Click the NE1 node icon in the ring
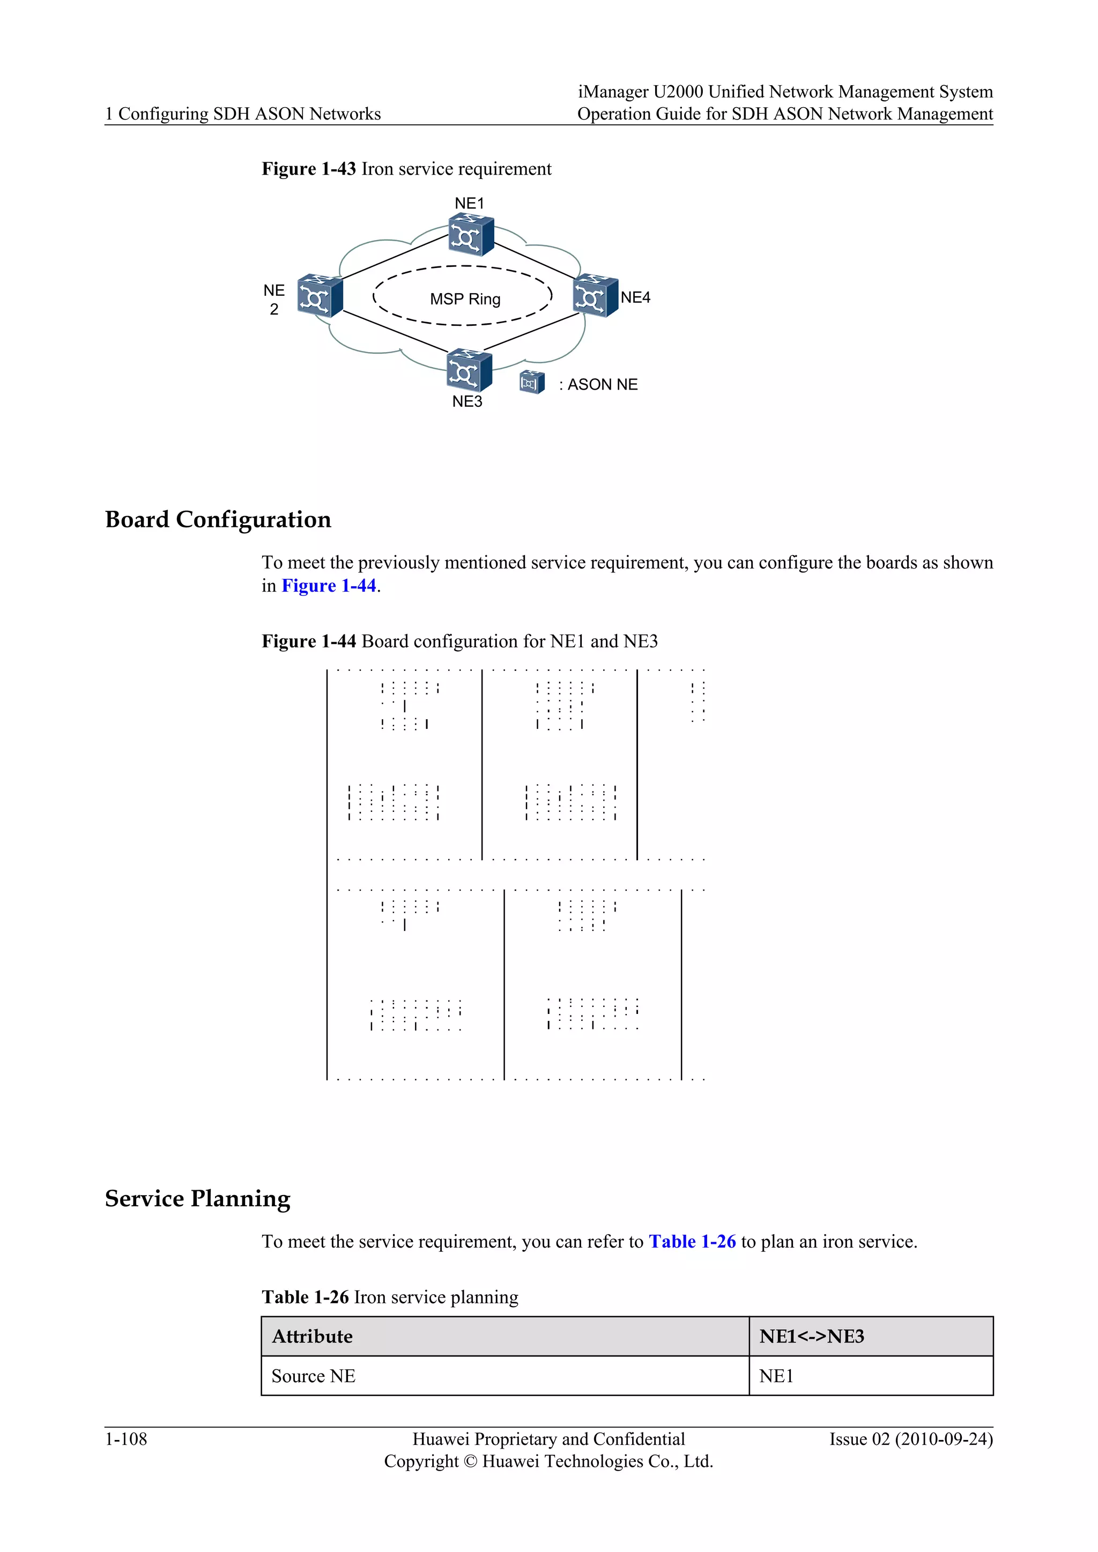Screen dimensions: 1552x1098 (471, 235)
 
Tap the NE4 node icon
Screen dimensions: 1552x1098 (595, 296)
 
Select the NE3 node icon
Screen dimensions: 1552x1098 (469, 370)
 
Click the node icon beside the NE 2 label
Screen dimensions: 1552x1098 (320, 295)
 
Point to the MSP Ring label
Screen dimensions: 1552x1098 (465, 299)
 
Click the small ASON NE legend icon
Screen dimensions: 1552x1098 (531, 383)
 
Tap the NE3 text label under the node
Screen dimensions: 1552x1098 (467, 401)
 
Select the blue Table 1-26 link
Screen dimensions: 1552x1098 (692, 1241)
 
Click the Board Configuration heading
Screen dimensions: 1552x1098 (218, 519)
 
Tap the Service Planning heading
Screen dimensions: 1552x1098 (197, 1198)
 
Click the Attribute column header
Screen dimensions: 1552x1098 (313, 1337)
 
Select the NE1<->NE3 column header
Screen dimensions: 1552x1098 (811, 1337)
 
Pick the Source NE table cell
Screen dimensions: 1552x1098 (313, 1376)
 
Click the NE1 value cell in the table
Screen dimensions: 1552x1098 (776, 1376)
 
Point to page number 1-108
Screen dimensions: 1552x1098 (126, 1439)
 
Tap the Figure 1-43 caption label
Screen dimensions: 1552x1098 (308, 168)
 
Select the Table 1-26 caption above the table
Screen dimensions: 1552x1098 (305, 1296)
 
